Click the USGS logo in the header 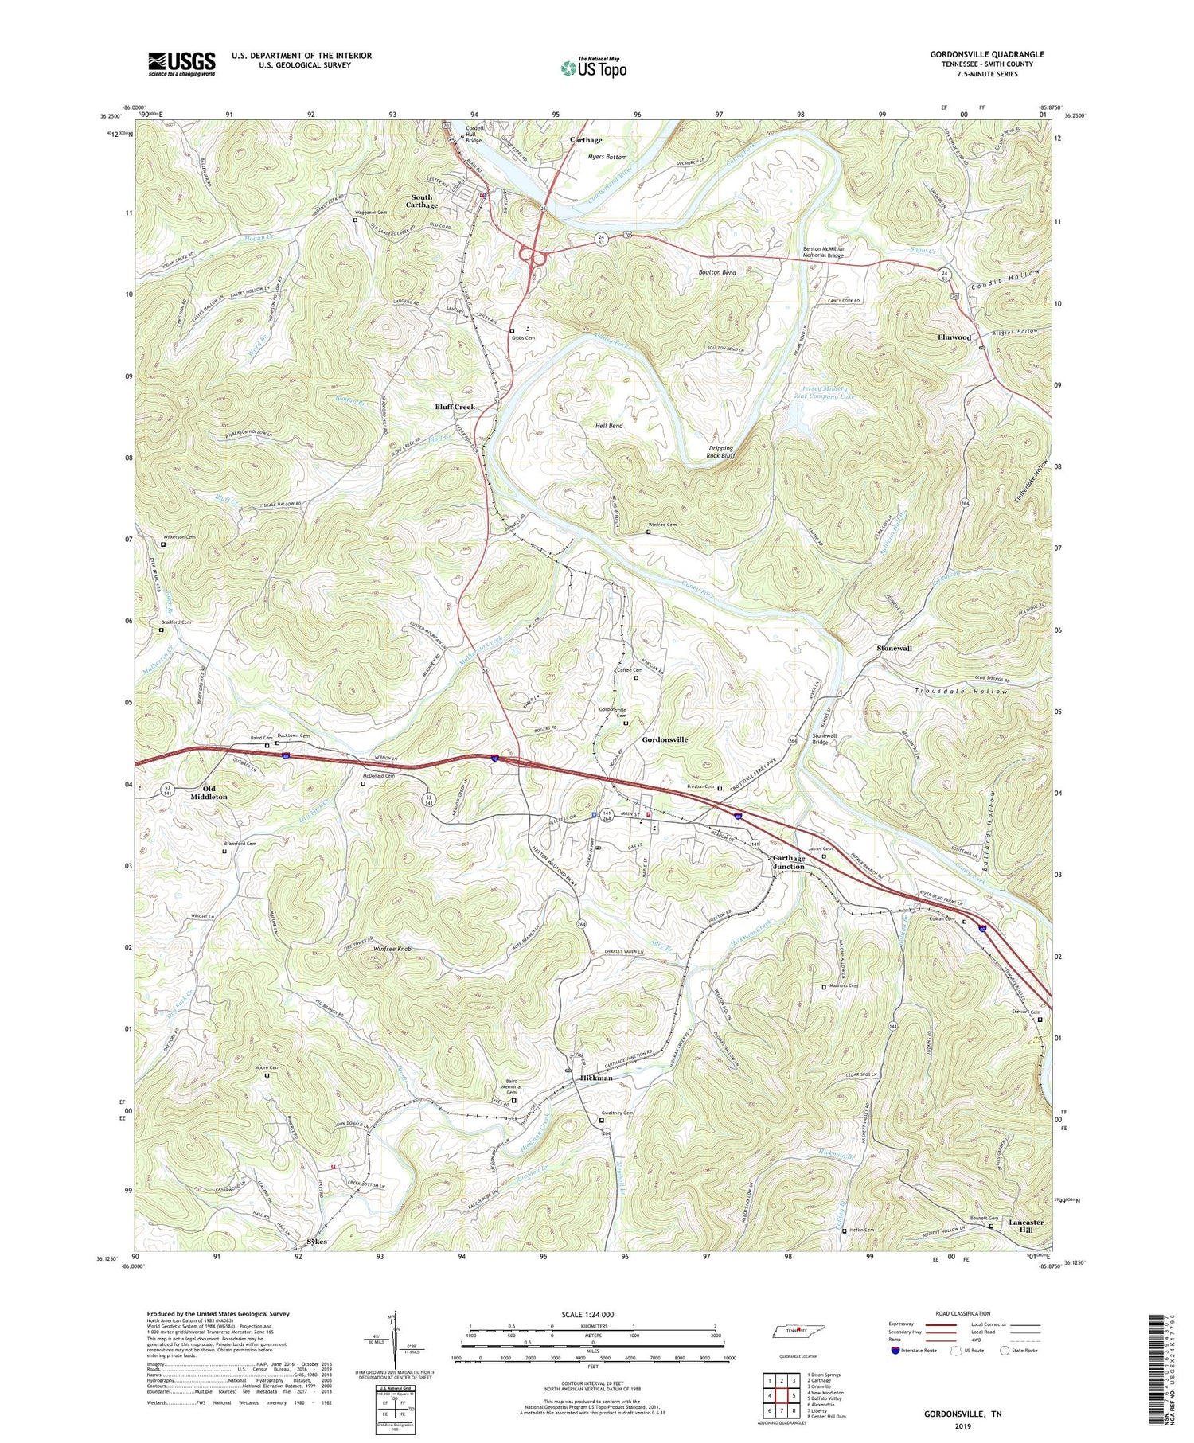pos(181,64)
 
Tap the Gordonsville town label pos(665,739)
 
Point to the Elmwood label pos(954,337)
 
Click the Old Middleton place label pos(209,792)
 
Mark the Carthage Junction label pos(789,862)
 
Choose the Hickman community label pos(596,1078)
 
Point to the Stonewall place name pos(894,649)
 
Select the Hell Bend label pos(609,426)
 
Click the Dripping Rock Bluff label pos(720,452)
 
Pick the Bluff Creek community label pos(455,407)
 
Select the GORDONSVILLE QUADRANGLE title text pos(987,54)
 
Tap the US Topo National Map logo pos(593,68)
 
